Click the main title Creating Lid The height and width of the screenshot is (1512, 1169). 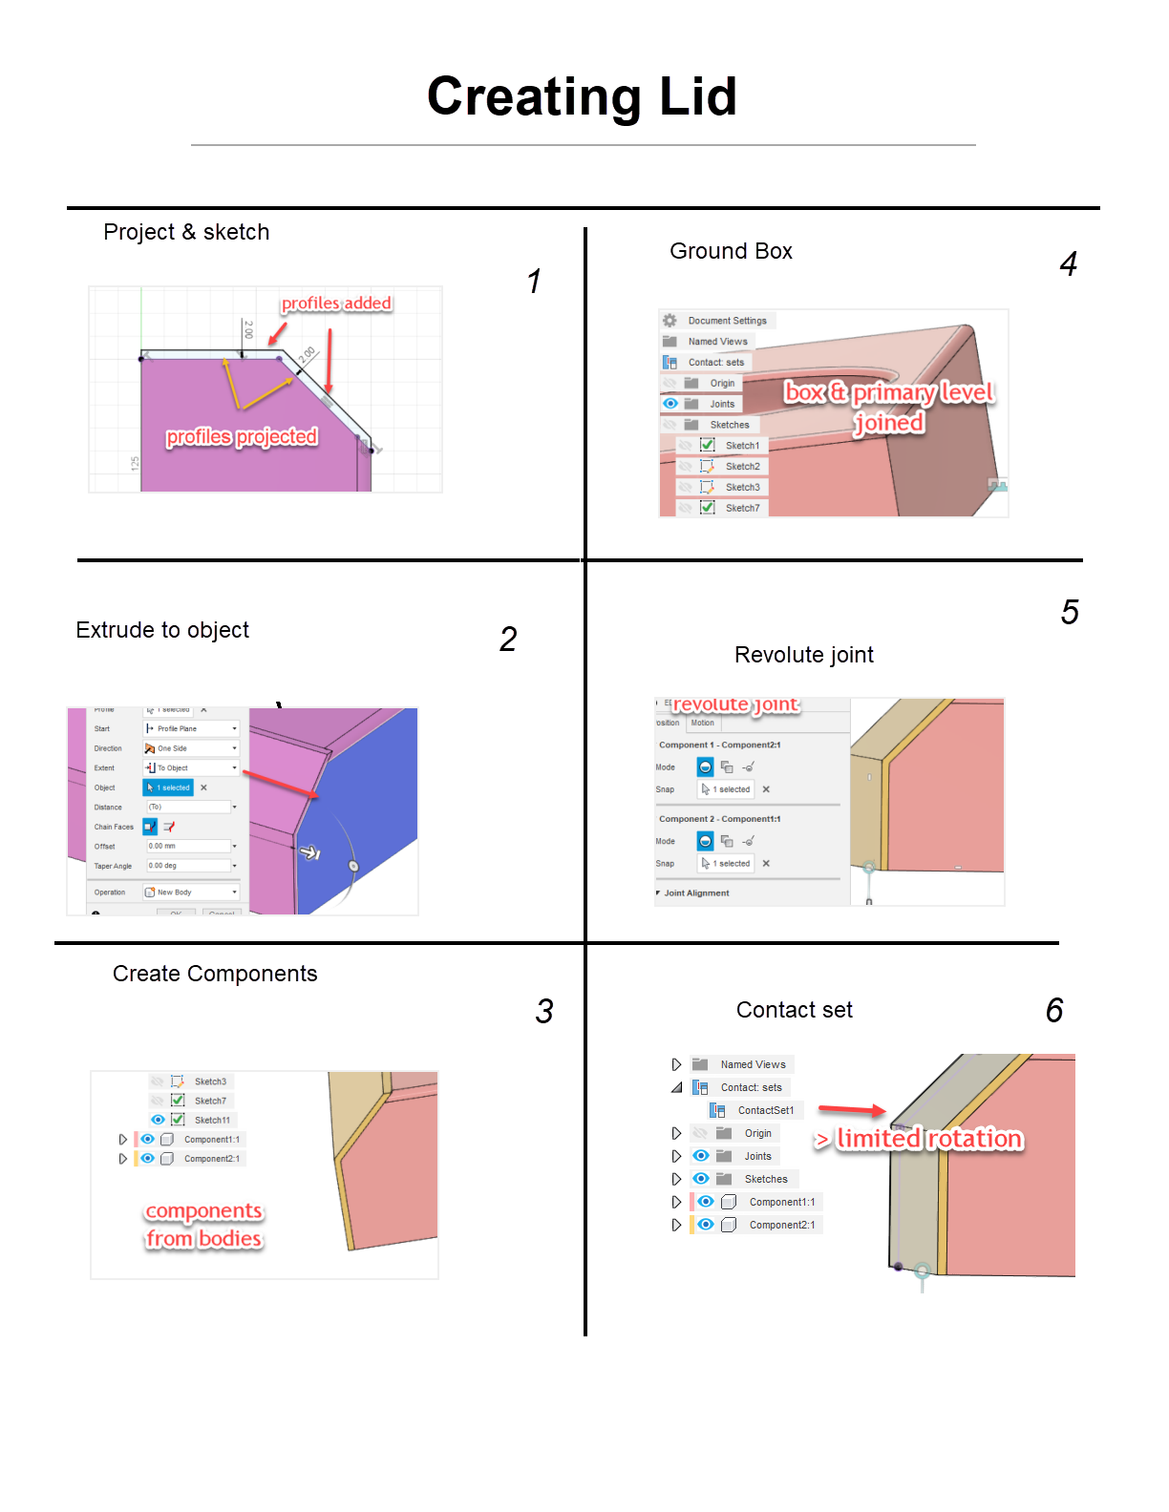coord(582,96)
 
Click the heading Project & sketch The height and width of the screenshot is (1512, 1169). coord(186,232)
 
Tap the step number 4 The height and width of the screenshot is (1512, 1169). coord(1068,264)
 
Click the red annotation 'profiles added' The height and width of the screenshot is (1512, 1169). coord(336,304)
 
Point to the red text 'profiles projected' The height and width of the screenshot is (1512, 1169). coord(242,437)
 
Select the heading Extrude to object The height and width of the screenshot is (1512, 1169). coord(162,630)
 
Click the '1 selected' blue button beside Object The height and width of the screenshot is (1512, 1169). coord(169,787)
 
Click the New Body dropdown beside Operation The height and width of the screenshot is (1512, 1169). coord(190,892)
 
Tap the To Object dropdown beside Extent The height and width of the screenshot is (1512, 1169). coord(190,767)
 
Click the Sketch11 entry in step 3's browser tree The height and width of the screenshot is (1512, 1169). coord(211,1120)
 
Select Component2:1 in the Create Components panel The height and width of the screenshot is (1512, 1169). coord(211,1159)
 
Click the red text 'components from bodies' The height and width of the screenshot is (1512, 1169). coord(203,1225)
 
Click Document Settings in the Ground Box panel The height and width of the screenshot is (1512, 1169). coord(727,321)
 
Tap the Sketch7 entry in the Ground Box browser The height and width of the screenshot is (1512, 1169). coord(742,508)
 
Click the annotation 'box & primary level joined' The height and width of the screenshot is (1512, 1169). coord(889,407)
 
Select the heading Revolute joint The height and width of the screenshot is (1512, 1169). coord(803,655)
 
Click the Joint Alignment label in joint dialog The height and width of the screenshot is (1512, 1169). coord(696,893)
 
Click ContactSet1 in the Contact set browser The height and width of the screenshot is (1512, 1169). coord(765,1110)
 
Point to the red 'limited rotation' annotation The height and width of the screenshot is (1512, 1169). coord(928,1139)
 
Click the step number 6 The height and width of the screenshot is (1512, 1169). coord(1054,1011)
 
